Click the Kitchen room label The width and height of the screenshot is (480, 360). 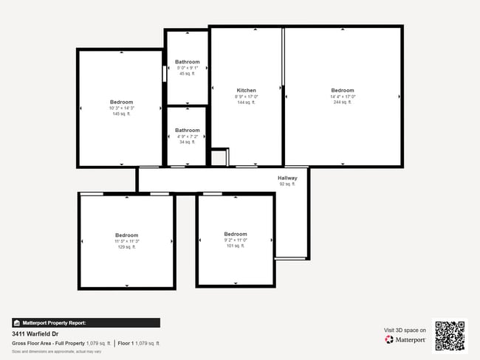[246, 91]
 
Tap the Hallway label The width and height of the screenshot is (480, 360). [287, 179]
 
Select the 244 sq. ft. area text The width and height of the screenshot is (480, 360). [343, 103]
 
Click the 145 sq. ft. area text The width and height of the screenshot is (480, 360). [122, 114]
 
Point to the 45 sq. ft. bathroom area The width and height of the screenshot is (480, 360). [187, 74]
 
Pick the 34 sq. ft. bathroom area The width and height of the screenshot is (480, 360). [187, 142]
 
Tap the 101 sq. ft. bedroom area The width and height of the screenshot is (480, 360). [236, 246]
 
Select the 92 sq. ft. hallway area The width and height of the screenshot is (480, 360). [287, 184]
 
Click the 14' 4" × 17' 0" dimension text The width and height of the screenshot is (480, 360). [343, 97]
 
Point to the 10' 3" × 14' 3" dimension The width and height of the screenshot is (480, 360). [122, 108]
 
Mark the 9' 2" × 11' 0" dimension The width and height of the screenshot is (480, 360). [236, 240]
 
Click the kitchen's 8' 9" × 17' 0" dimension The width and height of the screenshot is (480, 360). [246, 97]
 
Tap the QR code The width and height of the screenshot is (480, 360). [450, 336]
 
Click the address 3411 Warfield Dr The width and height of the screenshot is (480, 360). [35, 333]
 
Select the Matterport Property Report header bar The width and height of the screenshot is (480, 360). [86, 323]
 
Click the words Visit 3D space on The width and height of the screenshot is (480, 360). [405, 330]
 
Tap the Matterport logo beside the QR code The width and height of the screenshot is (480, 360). [405, 340]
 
